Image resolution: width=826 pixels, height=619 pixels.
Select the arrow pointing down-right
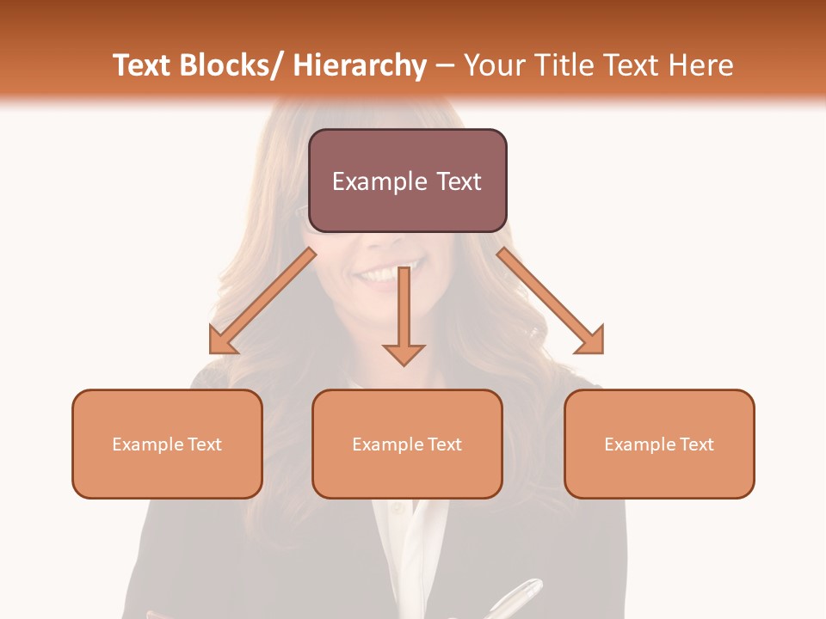tap(552, 302)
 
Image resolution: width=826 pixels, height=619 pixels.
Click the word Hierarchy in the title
tap(360, 65)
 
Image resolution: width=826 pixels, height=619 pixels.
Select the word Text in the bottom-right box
tap(695, 444)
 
